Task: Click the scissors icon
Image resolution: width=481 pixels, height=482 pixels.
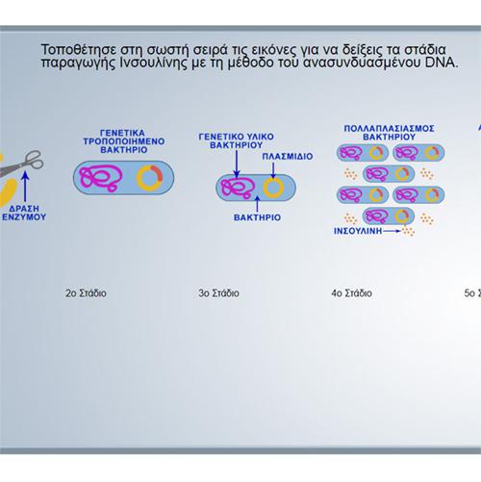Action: (22, 164)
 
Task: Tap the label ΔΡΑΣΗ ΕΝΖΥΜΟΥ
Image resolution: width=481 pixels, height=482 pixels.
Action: (24, 213)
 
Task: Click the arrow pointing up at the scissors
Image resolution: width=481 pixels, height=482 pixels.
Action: (26, 187)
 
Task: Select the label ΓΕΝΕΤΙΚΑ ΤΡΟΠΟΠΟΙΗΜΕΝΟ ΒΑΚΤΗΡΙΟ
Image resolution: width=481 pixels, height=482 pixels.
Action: (124, 141)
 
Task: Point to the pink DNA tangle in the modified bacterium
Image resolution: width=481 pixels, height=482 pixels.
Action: (101, 178)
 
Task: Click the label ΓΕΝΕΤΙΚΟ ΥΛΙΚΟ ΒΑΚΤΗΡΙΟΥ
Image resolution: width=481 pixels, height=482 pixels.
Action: (237, 140)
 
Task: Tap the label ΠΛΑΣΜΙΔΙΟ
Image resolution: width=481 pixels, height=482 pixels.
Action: (288, 156)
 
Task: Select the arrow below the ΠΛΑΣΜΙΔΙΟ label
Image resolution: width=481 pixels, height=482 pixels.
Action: (273, 170)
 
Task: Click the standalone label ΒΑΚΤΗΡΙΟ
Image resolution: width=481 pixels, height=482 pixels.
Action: (257, 217)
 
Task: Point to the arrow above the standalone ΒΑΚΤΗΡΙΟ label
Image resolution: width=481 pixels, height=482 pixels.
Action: (257, 204)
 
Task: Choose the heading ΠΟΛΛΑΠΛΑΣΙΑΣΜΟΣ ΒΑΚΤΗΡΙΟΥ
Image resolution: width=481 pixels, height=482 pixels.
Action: (389, 133)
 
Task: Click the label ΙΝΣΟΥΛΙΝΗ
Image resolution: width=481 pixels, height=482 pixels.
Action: (358, 231)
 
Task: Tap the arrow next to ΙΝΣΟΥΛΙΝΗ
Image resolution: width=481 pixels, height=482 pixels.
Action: (392, 231)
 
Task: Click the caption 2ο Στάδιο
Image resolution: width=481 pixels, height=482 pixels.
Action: (86, 293)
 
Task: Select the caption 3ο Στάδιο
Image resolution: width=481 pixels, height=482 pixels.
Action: (218, 293)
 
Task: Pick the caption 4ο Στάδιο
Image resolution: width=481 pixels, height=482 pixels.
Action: (352, 293)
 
